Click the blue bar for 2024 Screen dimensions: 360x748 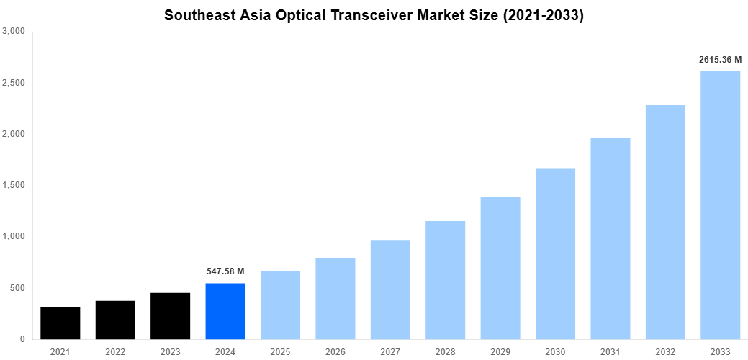(225, 311)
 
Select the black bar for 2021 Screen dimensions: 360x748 (60, 323)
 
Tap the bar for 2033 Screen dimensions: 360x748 (720, 205)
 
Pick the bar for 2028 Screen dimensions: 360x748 (445, 280)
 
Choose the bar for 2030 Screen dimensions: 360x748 (555, 254)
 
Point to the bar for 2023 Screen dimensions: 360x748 (171, 316)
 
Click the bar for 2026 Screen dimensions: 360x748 (335, 298)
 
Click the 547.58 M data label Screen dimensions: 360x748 (225, 271)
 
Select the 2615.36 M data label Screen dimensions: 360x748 (720, 60)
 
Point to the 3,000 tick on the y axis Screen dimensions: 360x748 (14, 32)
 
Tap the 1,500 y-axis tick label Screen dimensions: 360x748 (14, 185)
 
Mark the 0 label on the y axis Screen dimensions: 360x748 (22, 339)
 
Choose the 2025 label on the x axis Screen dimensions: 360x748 (280, 352)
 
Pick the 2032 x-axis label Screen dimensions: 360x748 (665, 352)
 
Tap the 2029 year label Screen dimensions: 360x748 (500, 352)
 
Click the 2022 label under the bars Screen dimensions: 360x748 (115, 352)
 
